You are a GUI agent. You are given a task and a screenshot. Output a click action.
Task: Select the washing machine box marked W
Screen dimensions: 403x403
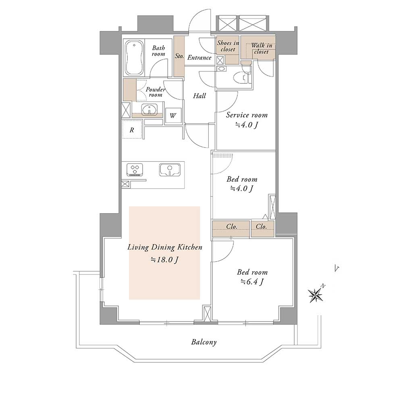(173, 115)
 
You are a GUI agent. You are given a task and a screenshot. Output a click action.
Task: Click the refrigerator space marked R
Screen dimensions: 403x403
(132, 129)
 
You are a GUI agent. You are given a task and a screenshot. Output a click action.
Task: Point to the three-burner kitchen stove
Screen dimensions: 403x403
(135, 170)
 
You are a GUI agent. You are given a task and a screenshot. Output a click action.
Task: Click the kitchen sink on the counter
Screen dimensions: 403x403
(169, 170)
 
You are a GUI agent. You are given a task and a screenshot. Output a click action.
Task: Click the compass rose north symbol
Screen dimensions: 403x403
(316, 295)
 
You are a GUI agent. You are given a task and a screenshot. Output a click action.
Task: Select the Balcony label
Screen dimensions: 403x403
(204, 342)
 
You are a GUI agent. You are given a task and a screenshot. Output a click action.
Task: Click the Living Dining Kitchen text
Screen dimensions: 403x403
(165, 247)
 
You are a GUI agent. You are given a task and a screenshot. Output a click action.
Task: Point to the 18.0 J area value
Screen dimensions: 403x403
(164, 260)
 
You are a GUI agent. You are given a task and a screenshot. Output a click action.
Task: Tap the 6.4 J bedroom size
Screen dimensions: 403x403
(252, 282)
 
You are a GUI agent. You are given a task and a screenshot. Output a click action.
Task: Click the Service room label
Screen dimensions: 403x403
(247, 115)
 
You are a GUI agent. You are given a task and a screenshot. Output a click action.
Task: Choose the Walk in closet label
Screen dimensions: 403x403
(262, 48)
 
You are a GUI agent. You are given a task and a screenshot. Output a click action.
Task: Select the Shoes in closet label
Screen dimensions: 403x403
(228, 46)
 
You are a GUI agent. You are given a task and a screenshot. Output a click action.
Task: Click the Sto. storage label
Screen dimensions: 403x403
(179, 56)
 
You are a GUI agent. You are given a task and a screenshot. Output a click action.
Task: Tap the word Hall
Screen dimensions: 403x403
(199, 96)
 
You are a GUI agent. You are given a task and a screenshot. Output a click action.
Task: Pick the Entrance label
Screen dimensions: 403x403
(199, 57)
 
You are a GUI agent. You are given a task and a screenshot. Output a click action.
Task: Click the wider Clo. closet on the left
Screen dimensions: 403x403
(231, 229)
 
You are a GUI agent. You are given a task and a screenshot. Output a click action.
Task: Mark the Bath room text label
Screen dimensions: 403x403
(158, 51)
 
